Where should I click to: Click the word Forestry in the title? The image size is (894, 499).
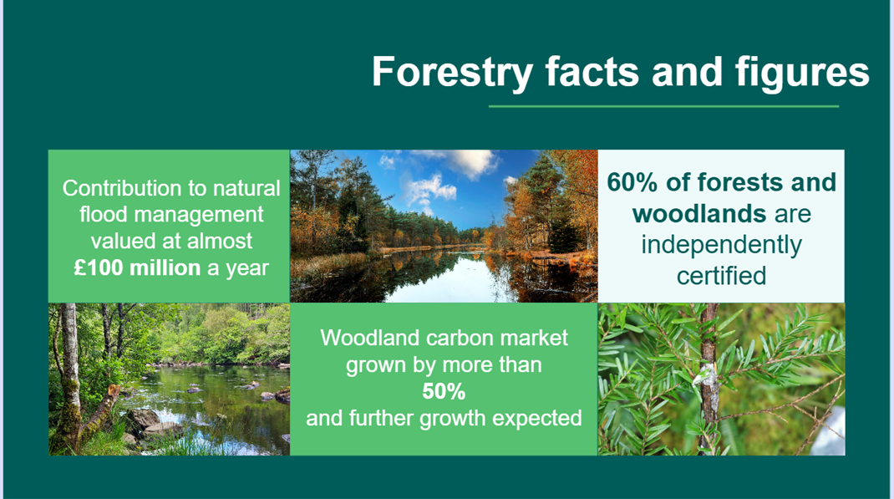tap(452, 72)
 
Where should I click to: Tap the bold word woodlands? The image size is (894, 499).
tap(699, 214)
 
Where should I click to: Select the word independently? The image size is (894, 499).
tap(721, 245)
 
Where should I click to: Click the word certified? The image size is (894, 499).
tap(721, 275)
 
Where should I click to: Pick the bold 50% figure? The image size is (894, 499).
tap(444, 391)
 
